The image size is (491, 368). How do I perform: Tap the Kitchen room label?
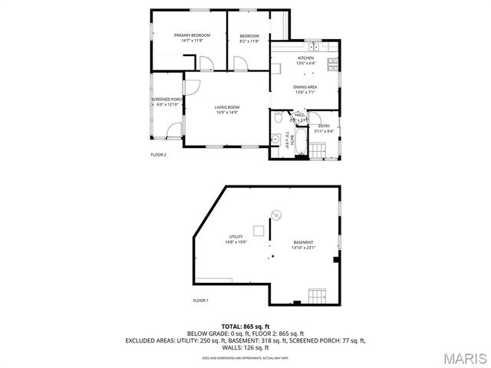[305, 61]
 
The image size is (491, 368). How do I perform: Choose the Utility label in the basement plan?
[236, 238]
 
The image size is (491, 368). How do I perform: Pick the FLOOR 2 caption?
[158, 154]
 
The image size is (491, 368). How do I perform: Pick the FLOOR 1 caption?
[201, 300]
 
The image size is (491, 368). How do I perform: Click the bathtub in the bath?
[302, 143]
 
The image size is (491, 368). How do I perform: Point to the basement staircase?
[317, 295]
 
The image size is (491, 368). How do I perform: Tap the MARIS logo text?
[464, 357]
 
